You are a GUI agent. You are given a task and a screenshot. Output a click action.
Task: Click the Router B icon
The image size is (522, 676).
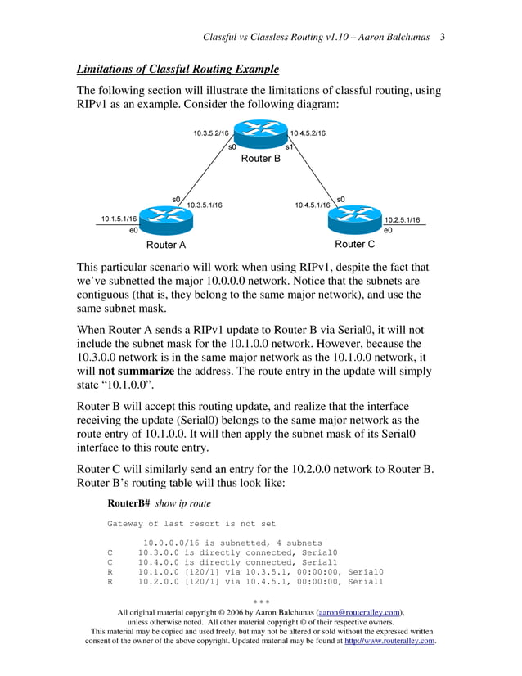pyautogui.click(x=260, y=134)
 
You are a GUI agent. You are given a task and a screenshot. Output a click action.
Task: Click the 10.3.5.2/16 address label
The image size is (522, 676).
pyautogui.click(x=211, y=133)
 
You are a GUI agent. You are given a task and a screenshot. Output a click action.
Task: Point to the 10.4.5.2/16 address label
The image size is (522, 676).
pyautogui.click(x=308, y=133)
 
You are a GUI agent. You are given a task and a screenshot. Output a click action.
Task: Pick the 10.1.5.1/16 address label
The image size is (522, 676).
pyautogui.click(x=119, y=219)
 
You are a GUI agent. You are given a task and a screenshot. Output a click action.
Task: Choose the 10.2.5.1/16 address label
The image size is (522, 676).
pyautogui.click(x=402, y=219)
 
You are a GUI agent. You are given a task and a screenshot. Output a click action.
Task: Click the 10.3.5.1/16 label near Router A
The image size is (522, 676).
pyautogui.click(x=205, y=205)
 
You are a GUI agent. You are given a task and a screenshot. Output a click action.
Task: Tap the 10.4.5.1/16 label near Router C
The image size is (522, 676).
pyautogui.click(x=313, y=205)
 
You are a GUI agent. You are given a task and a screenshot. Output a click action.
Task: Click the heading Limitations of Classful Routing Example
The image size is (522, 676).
pyautogui.click(x=178, y=69)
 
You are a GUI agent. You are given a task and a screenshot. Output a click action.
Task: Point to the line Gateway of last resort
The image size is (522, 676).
pyautogui.click(x=191, y=524)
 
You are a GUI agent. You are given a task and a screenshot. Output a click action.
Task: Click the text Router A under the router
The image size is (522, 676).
pyautogui.click(x=166, y=245)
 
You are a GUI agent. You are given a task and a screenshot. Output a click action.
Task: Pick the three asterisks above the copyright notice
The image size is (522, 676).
pyautogui.click(x=260, y=601)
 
